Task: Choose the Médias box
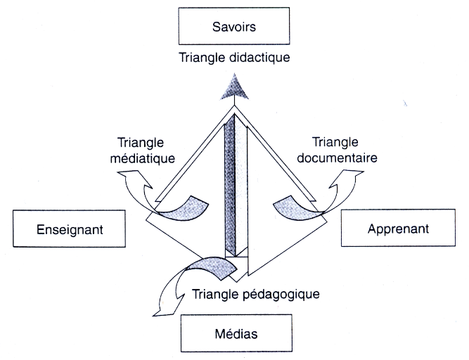[234, 332]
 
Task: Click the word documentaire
[336, 157]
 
